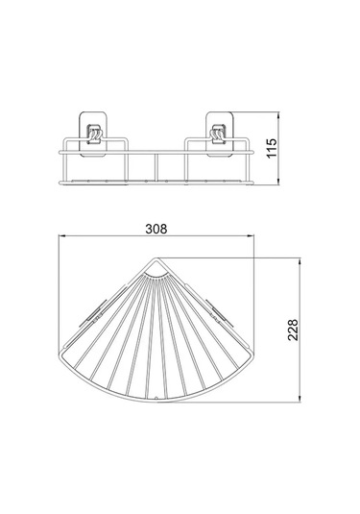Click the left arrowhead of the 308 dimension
point(61,243)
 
